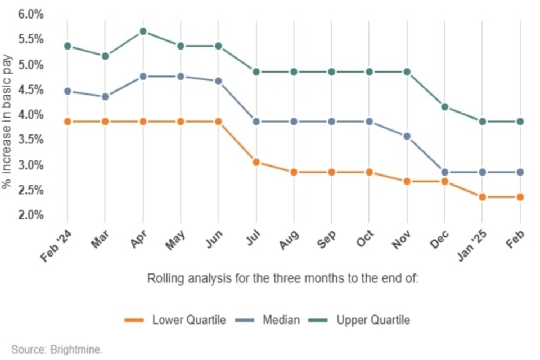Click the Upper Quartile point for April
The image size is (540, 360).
(x=143, y=31)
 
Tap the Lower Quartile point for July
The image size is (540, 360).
(x=256, y=162)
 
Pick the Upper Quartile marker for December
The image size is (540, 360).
(x=445, y=107)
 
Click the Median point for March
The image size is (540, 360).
(x=105, y=97)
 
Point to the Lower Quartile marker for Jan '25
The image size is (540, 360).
(x=483, y=197)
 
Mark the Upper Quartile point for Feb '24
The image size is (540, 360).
(x=67, y=46)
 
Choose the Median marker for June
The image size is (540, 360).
(x=218, y=81)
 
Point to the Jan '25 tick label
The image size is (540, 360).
(x=471, y=246)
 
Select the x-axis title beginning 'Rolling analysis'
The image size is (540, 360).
(x=283, y=278)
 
